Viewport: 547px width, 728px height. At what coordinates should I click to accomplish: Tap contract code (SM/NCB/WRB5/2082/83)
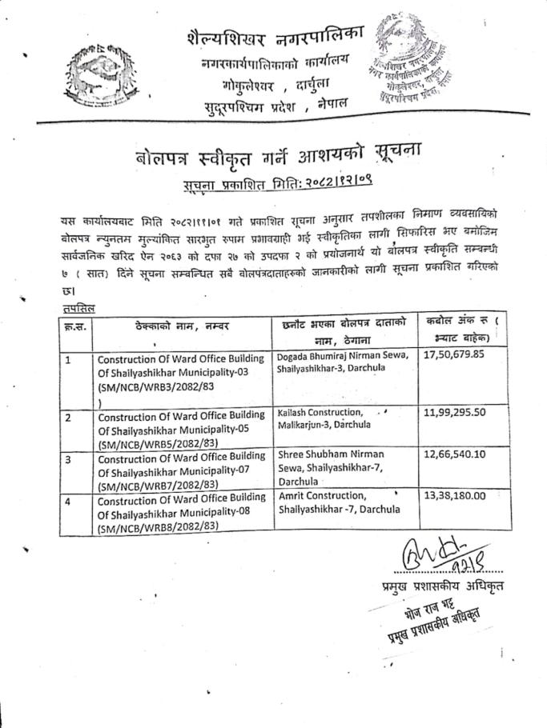point(157,441)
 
